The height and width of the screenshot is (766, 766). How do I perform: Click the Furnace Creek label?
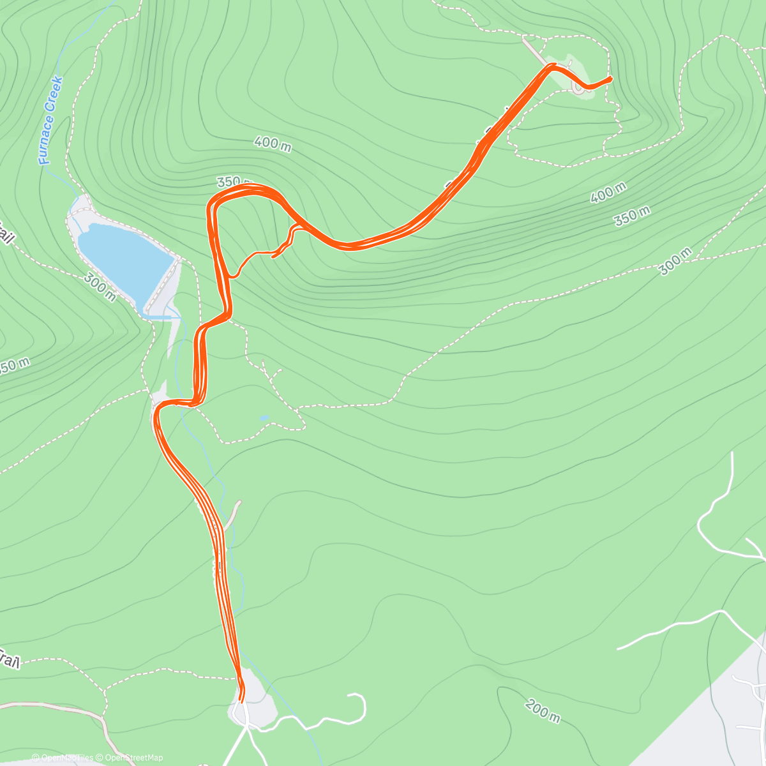50,121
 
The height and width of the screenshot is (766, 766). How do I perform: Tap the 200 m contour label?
543,711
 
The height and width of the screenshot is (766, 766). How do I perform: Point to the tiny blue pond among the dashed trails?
264,418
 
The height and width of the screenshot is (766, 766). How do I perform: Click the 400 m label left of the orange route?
273,144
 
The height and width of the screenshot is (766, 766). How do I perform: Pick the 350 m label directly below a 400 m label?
633,216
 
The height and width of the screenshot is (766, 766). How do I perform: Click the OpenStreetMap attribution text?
134,758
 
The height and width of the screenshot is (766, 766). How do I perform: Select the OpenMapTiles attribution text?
67,758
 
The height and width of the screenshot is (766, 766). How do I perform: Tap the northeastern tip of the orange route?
611,79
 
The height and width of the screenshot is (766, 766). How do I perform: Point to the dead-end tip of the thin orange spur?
274,257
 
